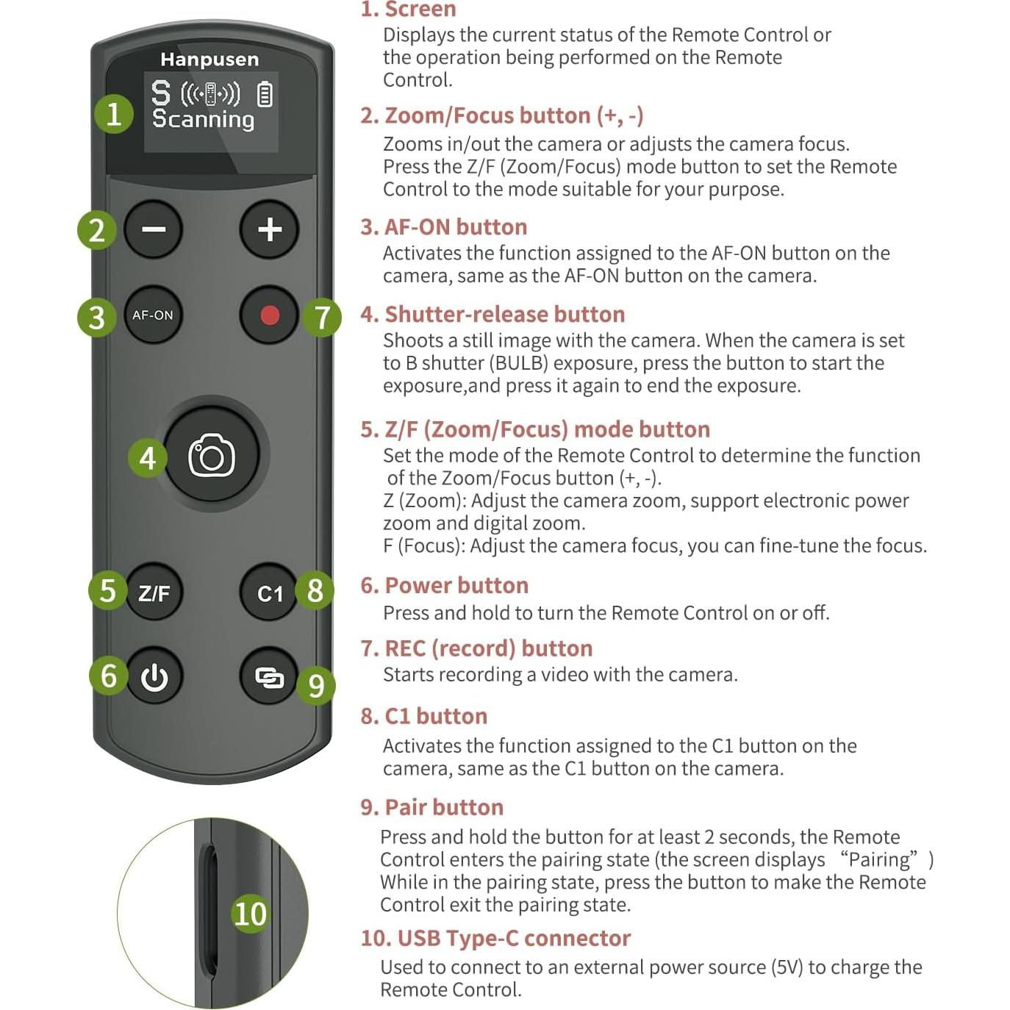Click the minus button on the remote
153,229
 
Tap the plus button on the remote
270,229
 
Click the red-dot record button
270,315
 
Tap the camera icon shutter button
212,456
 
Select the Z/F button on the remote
154,592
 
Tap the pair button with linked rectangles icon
269,677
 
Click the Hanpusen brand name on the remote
209,60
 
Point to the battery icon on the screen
265,95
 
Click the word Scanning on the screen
203,119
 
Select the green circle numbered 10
250,914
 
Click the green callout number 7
322,318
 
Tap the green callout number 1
114,115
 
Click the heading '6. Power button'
444,585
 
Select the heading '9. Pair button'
431,807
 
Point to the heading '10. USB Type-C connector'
495,938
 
